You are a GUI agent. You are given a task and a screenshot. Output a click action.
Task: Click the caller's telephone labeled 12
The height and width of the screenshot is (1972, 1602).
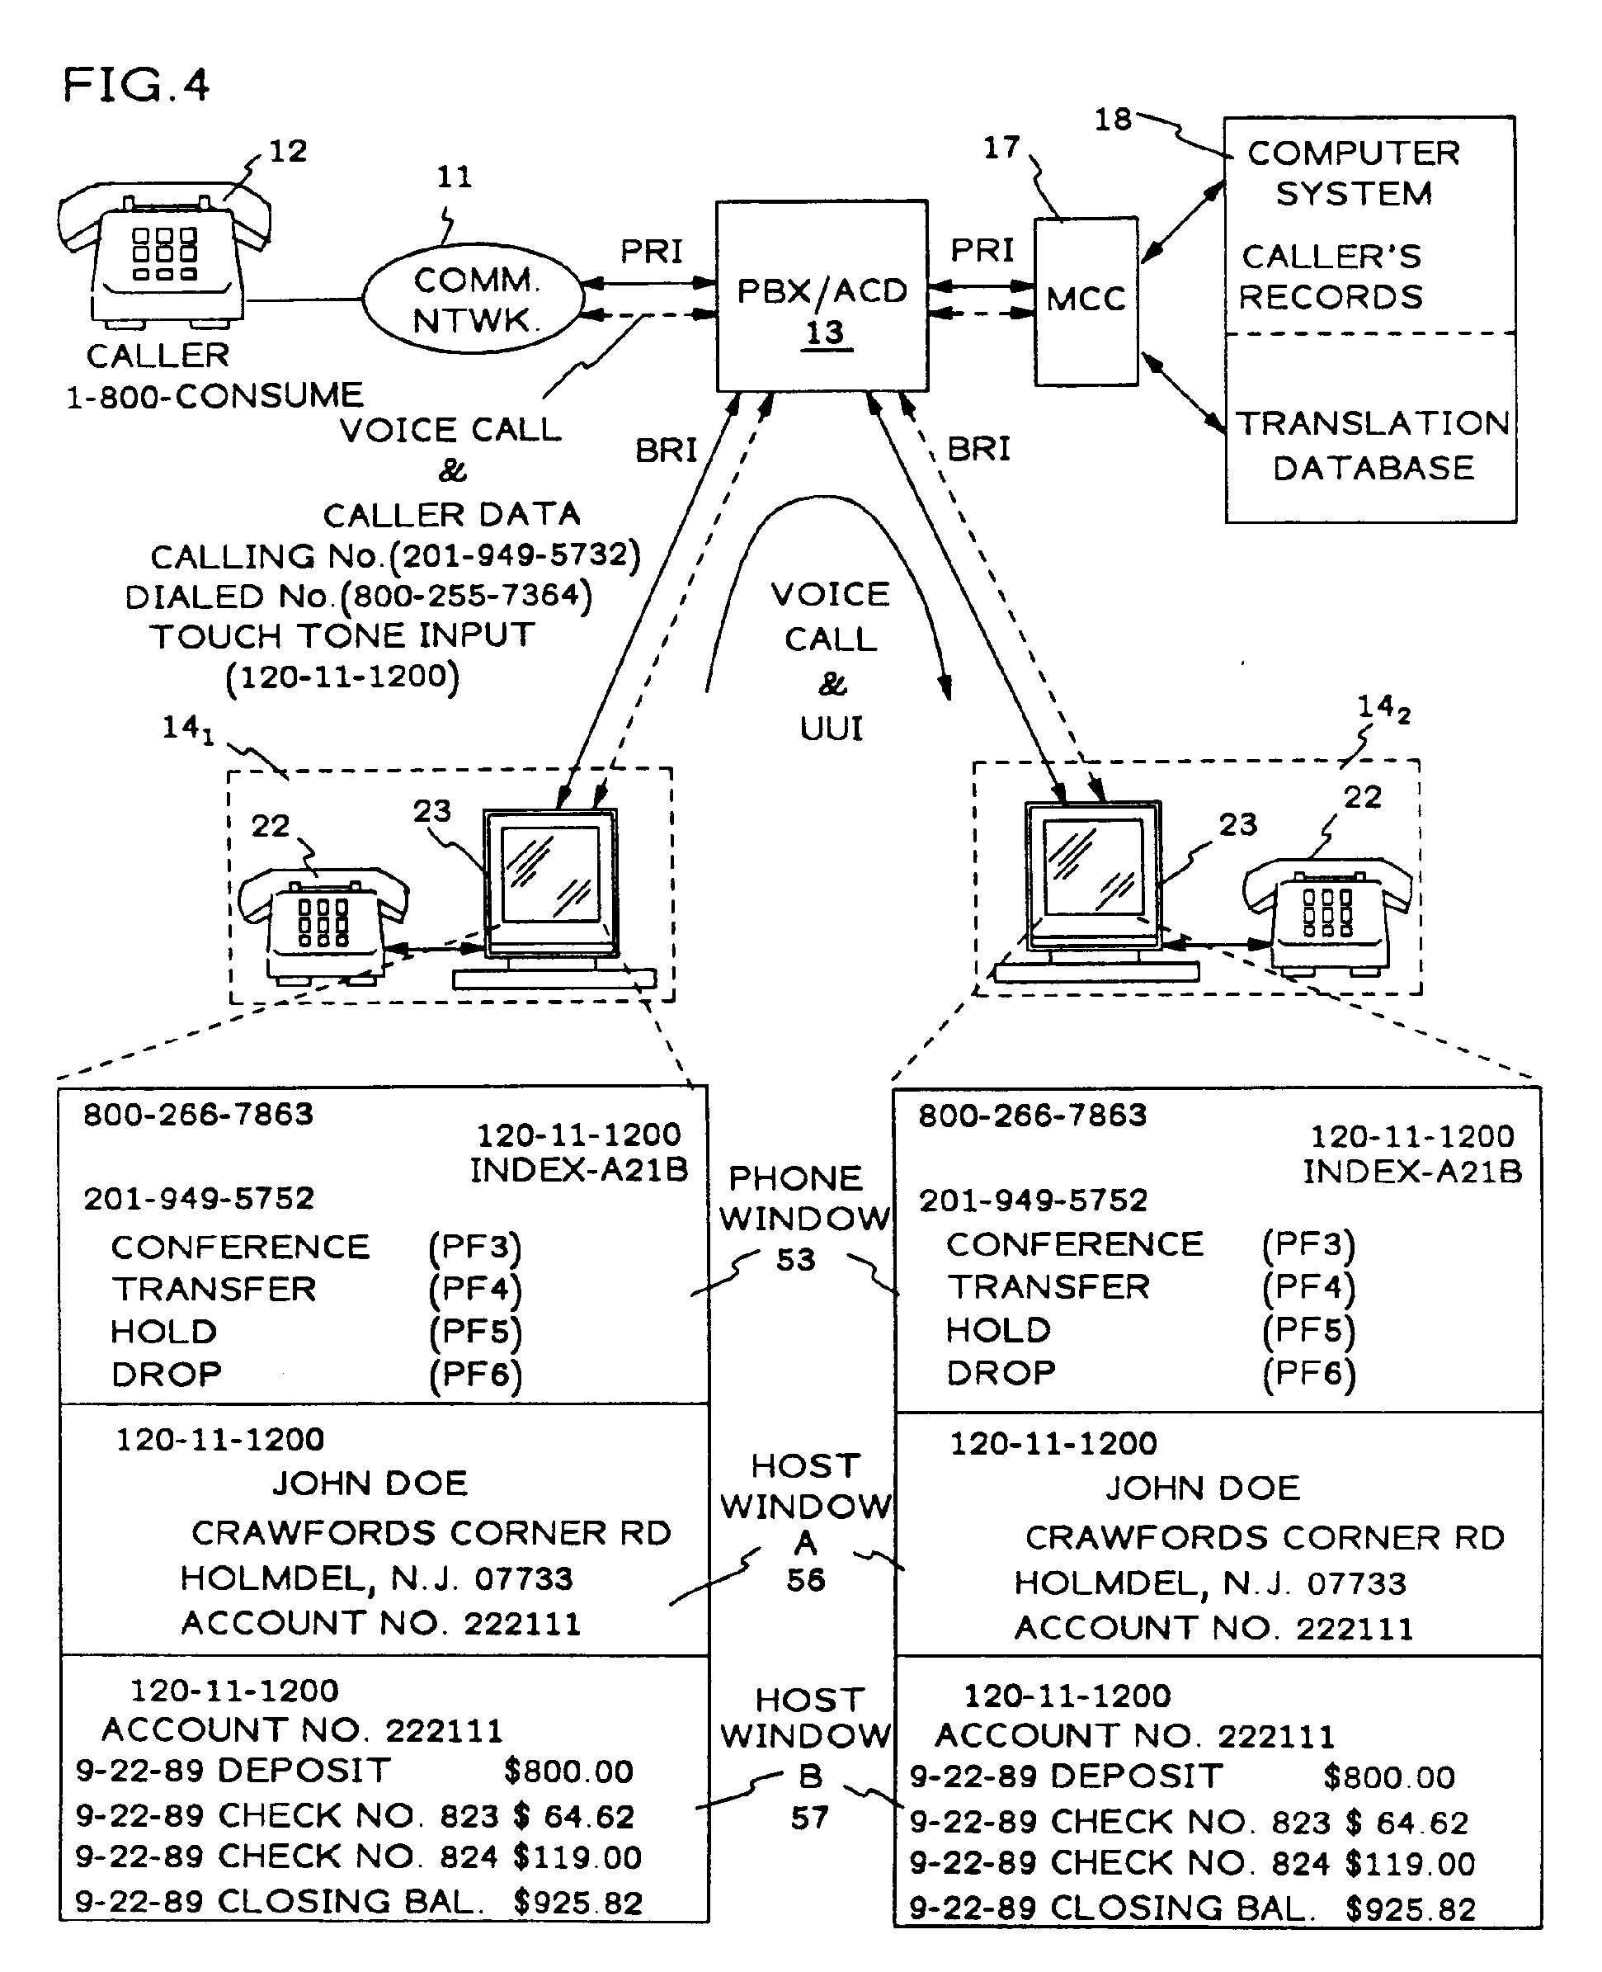point(164,254)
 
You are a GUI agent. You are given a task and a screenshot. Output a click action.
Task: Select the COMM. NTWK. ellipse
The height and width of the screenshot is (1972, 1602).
point(473,299)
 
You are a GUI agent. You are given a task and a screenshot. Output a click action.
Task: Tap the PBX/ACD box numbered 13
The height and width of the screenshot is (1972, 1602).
point(822,295)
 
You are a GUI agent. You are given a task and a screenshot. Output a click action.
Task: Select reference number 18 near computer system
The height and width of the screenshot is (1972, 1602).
point(1112,119)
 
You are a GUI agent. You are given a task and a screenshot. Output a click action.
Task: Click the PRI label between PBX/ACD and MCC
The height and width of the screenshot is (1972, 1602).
point(982,250)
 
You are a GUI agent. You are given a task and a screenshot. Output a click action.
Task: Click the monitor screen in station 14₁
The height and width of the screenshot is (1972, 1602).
point(551,873)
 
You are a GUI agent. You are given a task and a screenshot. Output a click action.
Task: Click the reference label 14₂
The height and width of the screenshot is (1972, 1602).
point(1382,709)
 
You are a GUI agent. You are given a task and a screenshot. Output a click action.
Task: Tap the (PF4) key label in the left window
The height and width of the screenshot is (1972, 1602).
point(474,1289)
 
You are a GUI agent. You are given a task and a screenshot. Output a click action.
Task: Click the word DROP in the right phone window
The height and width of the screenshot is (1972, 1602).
point(1001,1373)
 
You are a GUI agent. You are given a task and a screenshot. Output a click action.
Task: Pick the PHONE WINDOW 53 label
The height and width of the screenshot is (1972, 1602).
point(803,1217)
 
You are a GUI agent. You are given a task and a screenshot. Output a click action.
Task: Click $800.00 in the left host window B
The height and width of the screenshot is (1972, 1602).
point(568,1771)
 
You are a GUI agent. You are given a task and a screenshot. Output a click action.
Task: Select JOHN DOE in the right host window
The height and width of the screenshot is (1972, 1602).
point(1203,1488)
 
